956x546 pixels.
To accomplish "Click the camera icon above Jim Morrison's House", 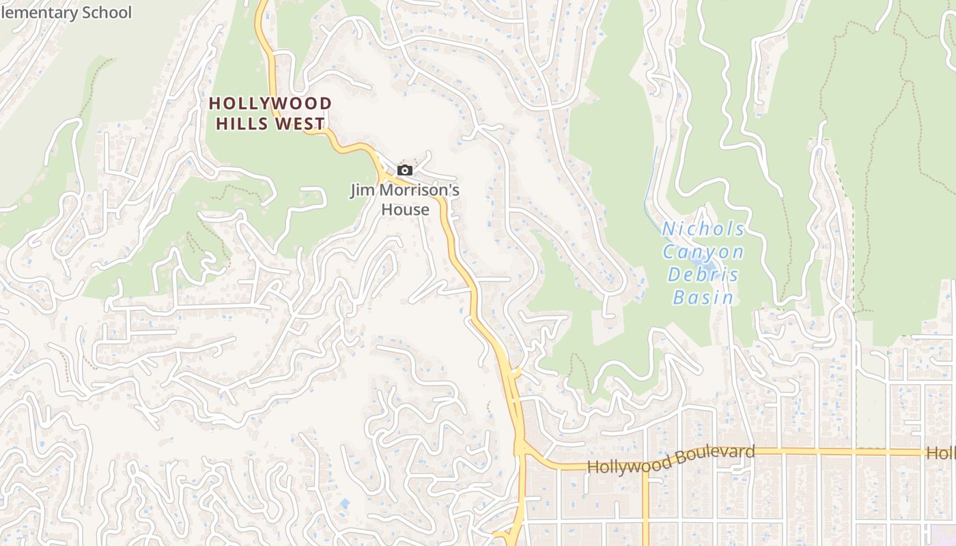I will pyautogui.click(x=405, y=170).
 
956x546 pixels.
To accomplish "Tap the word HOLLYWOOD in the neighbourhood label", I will pyautogui.click(x=270, y=104).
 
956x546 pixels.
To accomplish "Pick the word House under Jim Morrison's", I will pyautogui.click(x=405, y=210).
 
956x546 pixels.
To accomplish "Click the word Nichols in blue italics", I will pyautogui.click(x=703, y=229).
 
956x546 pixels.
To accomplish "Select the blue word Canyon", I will pyautogui.click(x=703, y=253).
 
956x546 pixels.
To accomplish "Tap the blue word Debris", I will pyautogui.click(x=703, y=275).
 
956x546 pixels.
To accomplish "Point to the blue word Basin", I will pyautogui.click(x=703, y=298).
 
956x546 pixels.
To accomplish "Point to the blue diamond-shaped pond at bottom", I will pyautogui.click(x=344, y=504).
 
